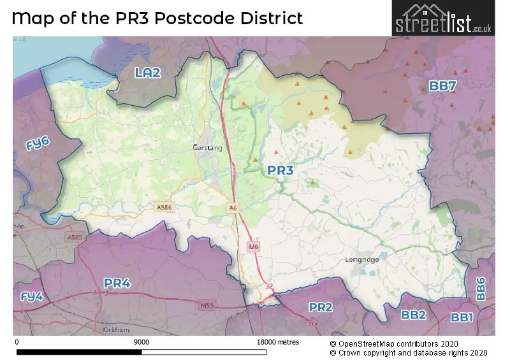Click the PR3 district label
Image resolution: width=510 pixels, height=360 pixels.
click(x=280, y=170)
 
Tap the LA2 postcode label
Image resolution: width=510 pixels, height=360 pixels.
click(x=147, y=73)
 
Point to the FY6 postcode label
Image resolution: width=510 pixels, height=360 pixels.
click(x=38, y=145)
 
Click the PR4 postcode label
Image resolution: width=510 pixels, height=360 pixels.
click(x=117, y=283)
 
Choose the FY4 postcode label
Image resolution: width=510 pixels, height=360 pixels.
click(x=31, y=297)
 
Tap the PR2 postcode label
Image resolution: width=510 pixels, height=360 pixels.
click(x=321, y=307)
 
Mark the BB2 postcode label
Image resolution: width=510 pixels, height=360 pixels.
click(x=413, y=315)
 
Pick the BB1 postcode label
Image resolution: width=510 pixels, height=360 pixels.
click(x=462, y=317)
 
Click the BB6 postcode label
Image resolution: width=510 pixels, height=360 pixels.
click(x=481, y=289)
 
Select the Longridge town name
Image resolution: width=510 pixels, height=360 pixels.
click(x=361, y=260)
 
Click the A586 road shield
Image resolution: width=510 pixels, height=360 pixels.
click(x=164, y=206)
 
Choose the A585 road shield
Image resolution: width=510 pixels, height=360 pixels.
click(x=75, y=237)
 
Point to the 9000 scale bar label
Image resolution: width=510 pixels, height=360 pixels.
click(x=142, y=342)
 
